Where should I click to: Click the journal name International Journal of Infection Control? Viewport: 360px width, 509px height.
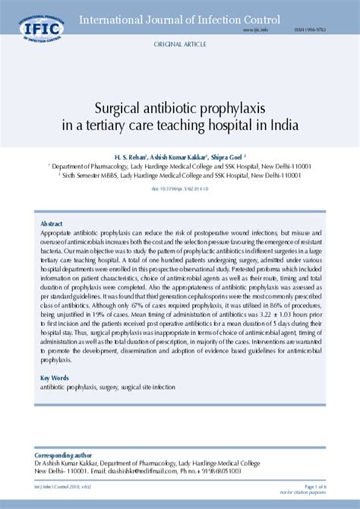point(179,18)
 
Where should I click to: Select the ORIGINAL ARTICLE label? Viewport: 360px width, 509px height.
point(179,46)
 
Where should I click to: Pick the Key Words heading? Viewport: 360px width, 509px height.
point(55,377)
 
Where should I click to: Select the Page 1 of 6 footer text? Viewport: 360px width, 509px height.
point(315,486)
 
